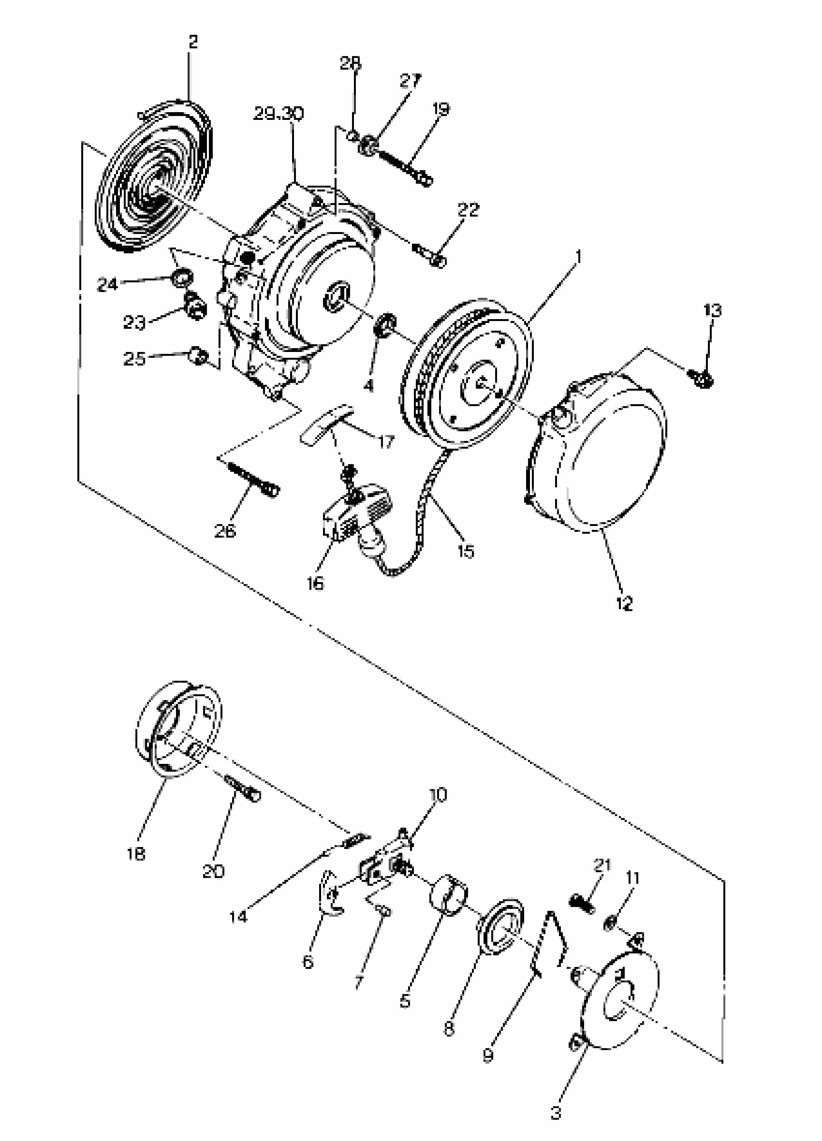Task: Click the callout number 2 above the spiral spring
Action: pyautogui.click(x=193, y=42)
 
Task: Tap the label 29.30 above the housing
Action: pyautogui.click(x=278, y=114)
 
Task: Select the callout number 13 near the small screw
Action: pyautogui.click(x=712, y=310)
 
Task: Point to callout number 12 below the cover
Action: pyautogui.click(x=624, y=603)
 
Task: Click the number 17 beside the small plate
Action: pyautogui.click(x=385, y=442)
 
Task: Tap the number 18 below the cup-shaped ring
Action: pyautogui.click(x=136, y=854)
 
